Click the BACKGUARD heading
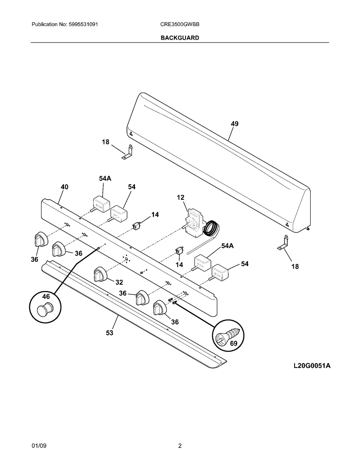click(x=180, y=38)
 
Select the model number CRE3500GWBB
click(x=180, y=24)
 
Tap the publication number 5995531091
click(x=84, y=24)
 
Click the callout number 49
click(x=235, y=124)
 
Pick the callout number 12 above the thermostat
click(x=180, y=197)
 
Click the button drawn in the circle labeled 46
click(x=44, y=310)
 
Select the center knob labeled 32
click(x=100, y=274)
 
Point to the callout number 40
click(x=64, y=187)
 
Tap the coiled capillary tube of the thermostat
click(x=212, y=228)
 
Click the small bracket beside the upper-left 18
click(x=127, y=153)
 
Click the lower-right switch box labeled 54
click(x=219, y=272)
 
